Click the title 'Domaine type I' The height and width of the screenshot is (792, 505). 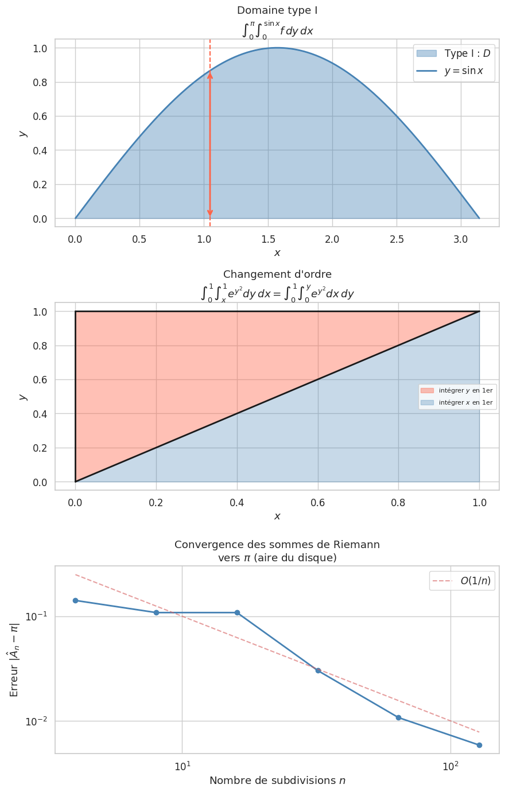coord(277,10)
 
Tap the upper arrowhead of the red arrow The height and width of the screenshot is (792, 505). coord(210,75)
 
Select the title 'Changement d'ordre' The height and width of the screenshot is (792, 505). coord(277,274)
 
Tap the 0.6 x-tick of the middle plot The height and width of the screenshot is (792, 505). coord(318,503)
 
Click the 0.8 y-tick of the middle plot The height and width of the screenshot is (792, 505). coord(40,346)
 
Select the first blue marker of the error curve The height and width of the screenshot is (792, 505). coord(75,600)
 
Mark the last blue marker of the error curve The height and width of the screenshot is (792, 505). coord(479,745)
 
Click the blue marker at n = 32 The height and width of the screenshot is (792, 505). coord(318,670)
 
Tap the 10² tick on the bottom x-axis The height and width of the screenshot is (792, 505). coord(450,766)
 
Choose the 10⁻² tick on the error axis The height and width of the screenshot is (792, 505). coord(35,721)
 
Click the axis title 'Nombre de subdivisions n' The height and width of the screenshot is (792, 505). coord(277,781)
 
